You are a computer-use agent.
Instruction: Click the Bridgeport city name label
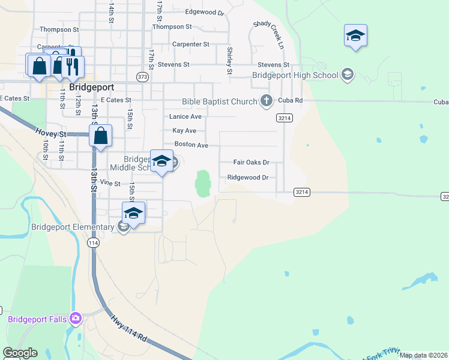tap(92, 86)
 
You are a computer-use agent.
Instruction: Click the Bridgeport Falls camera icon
tap(76, 317)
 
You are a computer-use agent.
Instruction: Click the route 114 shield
tap(92, 242)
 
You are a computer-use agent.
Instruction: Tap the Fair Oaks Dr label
tap(251, 162)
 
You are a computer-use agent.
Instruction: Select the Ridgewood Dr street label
tap(247, 177)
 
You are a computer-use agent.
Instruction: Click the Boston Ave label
tap(191, 145)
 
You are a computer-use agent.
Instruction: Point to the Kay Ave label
tap(184, 130)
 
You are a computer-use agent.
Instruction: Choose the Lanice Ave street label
tap(185, 116)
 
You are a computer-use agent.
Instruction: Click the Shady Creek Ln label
tap(268, 33)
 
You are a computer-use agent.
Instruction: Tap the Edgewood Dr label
tap(204, 12)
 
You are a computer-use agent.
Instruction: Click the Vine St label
tap(110, 182)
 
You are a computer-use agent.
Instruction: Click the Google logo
tap(20, 353)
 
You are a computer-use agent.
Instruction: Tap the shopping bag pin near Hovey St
tap(101, 136)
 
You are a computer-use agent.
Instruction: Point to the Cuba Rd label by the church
tap(291, 101)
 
